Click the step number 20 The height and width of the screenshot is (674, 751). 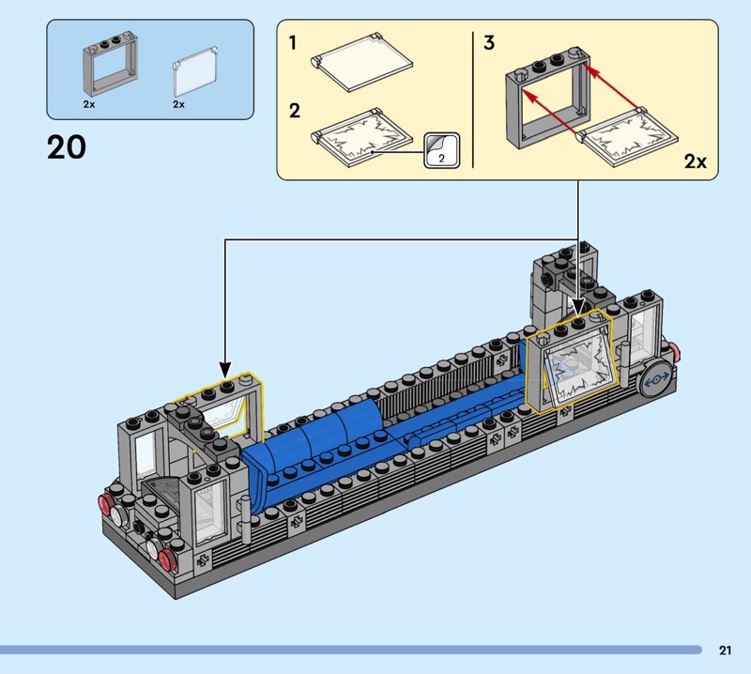[x=67, y=147]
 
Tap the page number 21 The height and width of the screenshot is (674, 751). [x=725, y=650]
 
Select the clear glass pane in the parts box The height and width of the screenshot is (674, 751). [x=195, y=71]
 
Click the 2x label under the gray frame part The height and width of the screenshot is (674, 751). [x=88, y=104]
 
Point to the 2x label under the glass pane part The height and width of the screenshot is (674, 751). [x=178, y=104]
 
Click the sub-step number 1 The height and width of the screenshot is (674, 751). [x=293, y=43]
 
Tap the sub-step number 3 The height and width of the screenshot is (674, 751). [x=488, y=43]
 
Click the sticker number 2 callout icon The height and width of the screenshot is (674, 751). [x=441, y=150]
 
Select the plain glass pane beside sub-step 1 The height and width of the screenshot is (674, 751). [x=361, y=63]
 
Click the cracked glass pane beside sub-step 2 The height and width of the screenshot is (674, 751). [x=361, y=137]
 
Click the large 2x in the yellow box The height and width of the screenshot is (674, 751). [x=695, y=161]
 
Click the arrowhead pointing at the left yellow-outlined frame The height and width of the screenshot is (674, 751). [x=225, y=370]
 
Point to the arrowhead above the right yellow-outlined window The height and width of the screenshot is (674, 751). [x=578, y=307]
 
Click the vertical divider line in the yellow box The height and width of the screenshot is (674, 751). [x=473, y=100]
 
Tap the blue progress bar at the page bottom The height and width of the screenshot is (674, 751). [x=351, y=650]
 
